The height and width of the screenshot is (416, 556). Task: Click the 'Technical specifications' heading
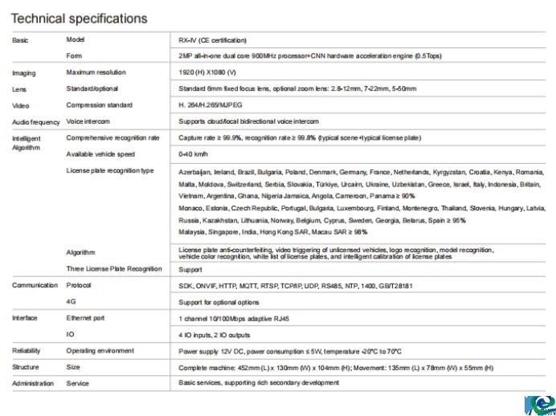[x=80, y=18]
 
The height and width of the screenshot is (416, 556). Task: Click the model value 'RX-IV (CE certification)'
[x=212, y=39]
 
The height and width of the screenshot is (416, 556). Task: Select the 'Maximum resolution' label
[x=96, y=72]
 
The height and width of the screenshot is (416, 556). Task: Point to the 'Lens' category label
[x=20, y=89]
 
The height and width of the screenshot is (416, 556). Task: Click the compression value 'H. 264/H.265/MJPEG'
[x=211, y=105]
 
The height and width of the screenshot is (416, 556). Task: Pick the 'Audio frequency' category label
[x=36, y=122]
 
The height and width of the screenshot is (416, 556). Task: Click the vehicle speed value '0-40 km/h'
[x=194, y=154]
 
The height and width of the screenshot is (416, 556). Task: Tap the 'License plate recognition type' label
[x=110, y=170]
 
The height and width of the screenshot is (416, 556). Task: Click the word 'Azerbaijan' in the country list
[x=194, y=172]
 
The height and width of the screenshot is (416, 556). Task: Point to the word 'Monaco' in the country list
[x=190, y=208]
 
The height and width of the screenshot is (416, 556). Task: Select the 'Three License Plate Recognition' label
[x=114, y=269]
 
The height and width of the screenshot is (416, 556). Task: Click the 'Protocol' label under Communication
[x=79, y=285]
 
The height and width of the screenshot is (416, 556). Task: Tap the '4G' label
[x=71, y=302]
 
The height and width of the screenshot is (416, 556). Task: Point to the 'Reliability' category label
[x=27, y=351]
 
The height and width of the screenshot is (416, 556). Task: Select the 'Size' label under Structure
[x=72, y=367]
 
